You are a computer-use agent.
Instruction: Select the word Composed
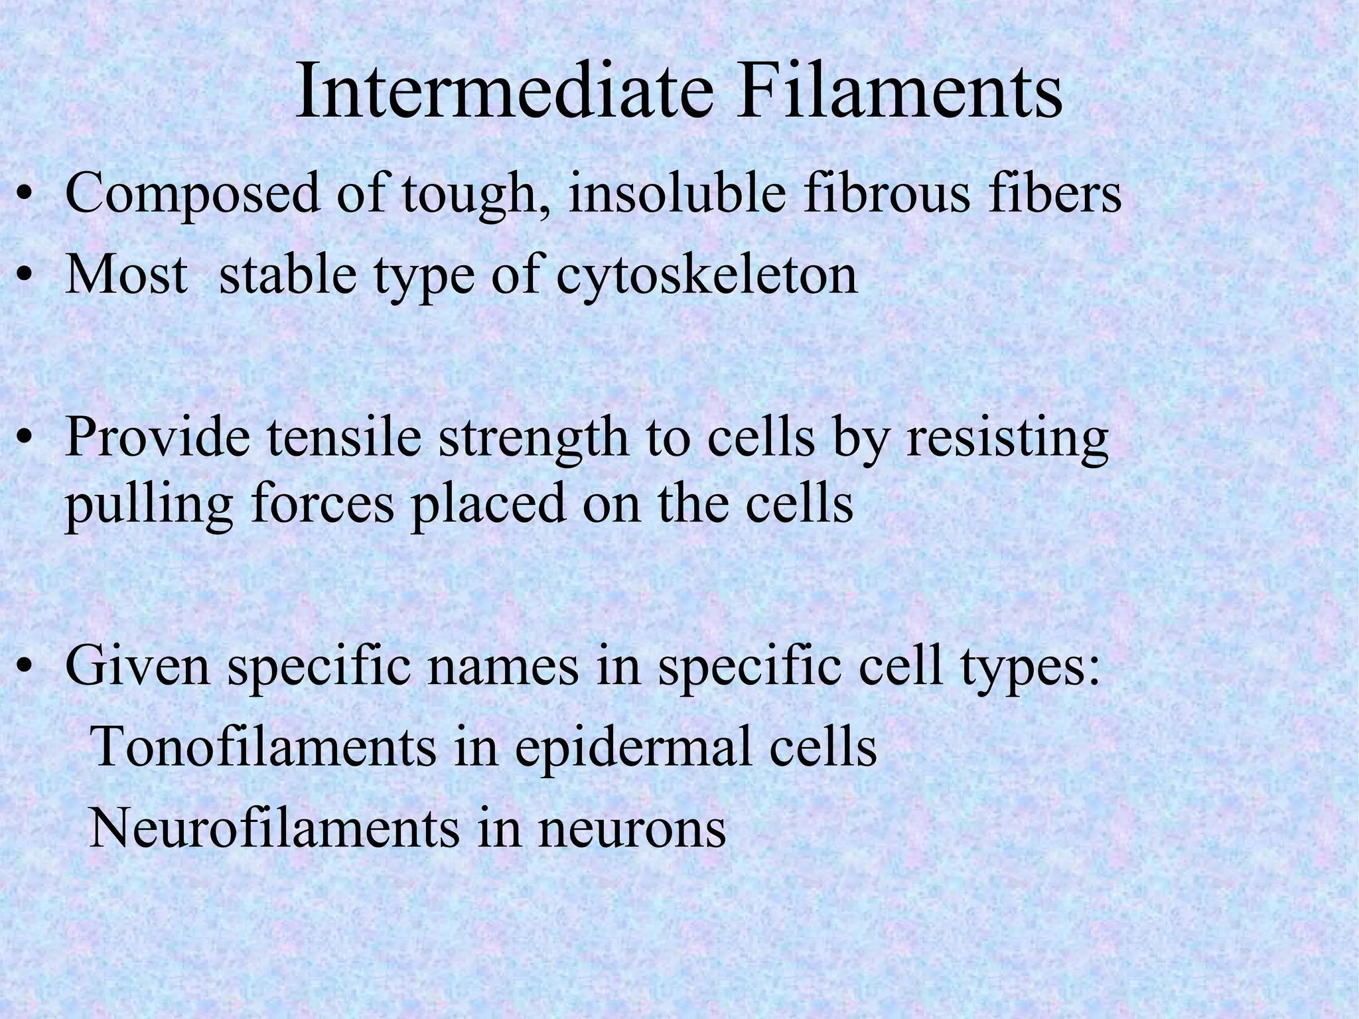click(x=192, y=194)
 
